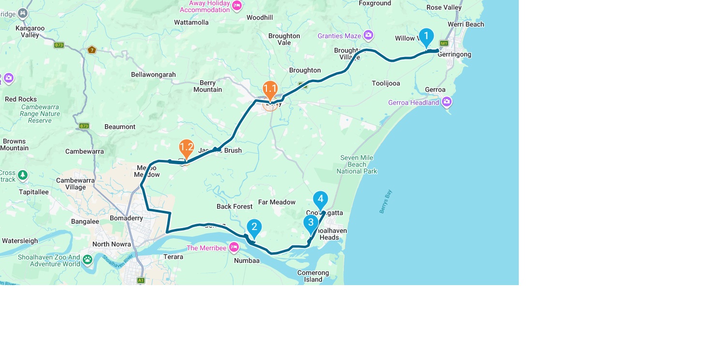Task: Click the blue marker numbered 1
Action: (x=426, y=37)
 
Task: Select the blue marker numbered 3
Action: (x=311, y=223)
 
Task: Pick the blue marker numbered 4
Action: (x=321, y=200)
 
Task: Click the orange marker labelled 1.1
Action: (x=270, y=89)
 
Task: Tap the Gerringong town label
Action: (x=454, y=55)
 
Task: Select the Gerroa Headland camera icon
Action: (x=447, y=101)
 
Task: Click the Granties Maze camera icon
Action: (x=368, y=35)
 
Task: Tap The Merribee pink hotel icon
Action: (x=234, y=247)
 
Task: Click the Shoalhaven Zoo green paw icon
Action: (x=87, y=260)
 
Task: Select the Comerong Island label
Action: (x=313, y=276)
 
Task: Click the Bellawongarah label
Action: (x=153, y=74)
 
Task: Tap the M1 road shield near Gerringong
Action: (x=444, y=43)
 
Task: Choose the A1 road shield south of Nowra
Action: (x=141, y=280)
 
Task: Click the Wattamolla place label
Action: (x=191, y=22)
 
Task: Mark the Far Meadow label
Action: (x=277, y=202)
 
